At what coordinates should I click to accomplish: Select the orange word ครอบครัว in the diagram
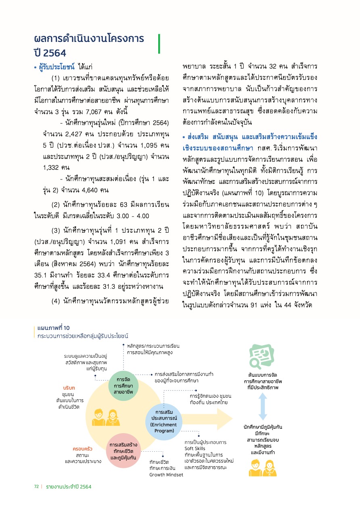tap(83, 448)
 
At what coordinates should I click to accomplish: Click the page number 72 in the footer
tap(36, 486)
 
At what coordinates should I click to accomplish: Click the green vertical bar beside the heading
tap(159, 44)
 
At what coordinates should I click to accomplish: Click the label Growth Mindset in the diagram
tap(166, 475)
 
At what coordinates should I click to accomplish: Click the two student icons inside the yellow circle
tap(106, 417)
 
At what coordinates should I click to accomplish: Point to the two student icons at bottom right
tap(262, 468)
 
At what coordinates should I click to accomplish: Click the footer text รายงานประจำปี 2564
tap(69, 486)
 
